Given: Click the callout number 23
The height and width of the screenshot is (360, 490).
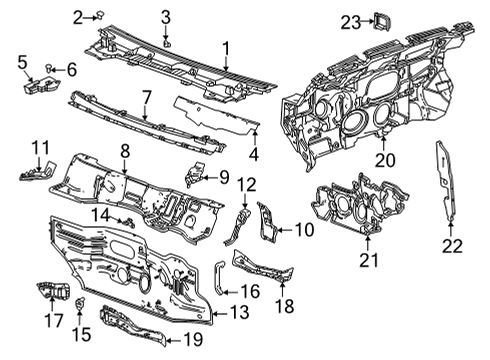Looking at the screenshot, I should click(x=349, y=21).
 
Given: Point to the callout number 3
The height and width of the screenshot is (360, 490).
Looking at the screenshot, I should click(x=166, y=16).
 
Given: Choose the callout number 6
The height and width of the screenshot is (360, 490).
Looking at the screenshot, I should click(x=71, y=69).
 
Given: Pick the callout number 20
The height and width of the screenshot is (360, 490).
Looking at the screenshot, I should click(x=385, y=158).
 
